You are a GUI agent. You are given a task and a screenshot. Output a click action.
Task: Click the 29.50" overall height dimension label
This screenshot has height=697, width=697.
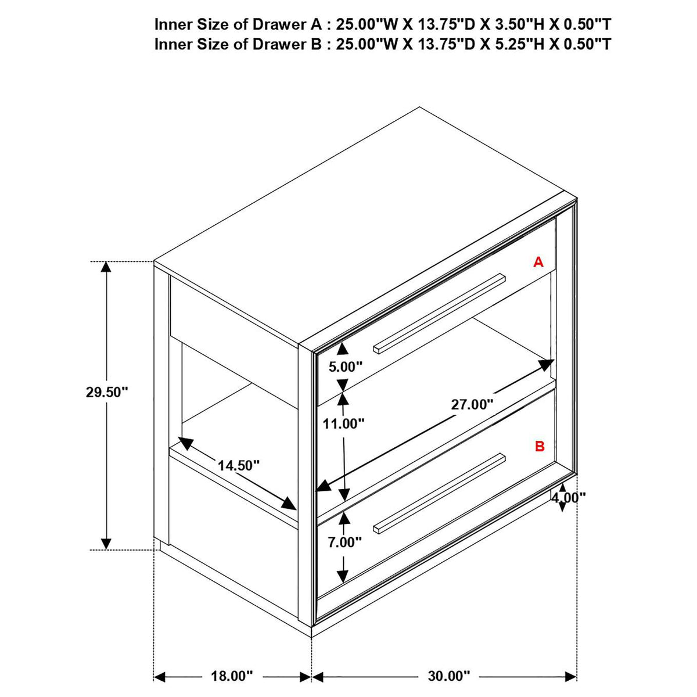click(107, 392)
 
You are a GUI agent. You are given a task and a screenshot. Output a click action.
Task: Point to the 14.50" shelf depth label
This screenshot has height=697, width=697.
click(239, 465)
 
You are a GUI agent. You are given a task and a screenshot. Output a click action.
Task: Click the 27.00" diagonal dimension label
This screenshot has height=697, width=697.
click(472, 404)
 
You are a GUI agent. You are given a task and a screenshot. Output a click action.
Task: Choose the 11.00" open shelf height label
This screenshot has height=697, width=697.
click(344, 423)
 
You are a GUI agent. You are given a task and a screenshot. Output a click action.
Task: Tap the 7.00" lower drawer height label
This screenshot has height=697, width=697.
click(344, 552)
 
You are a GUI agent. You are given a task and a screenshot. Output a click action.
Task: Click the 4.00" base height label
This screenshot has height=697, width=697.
click(568, 498)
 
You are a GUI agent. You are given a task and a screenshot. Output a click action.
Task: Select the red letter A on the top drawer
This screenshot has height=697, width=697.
click(538, 262)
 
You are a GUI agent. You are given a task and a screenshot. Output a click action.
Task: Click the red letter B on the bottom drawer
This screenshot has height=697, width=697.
click(540, 446)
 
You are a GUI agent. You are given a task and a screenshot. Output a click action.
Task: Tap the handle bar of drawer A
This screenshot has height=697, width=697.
click(439, 312)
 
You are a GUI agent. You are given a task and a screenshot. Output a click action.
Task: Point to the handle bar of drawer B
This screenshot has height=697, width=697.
click(439, 493)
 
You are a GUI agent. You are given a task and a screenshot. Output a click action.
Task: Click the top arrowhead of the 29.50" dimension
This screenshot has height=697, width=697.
click(106, 267)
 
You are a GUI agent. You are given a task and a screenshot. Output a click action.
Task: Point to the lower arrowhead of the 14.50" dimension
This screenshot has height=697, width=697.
click(289, 503)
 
